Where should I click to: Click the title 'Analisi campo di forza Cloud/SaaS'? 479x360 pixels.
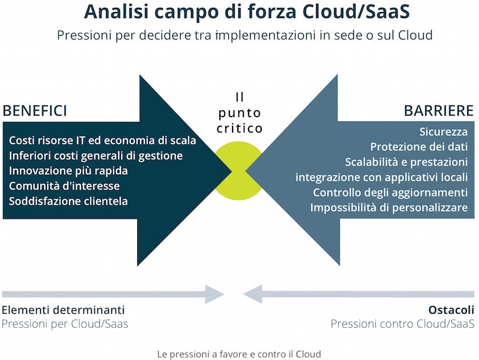pos(239,12)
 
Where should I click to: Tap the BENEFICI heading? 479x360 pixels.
pos(35,111)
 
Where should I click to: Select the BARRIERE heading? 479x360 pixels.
pos(439,111)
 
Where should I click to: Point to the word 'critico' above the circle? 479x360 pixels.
pos(240,128)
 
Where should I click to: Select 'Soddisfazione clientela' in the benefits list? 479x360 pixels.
pos(69,201)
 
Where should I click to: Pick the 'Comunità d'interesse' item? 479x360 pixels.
pos(64,186)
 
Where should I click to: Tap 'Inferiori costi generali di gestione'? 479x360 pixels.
pos(96,156)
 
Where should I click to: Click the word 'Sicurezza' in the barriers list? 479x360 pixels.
pos(443,132)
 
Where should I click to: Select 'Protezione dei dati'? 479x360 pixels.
pos(419,147)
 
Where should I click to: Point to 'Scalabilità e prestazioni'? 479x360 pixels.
pos(406,162)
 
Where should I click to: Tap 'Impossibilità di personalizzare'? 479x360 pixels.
pos(389,207)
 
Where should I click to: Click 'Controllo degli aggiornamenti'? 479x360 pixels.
pos(390,192)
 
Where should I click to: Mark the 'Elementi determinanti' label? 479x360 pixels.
pos(63,310)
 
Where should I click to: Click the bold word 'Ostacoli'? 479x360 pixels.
pos(451,310)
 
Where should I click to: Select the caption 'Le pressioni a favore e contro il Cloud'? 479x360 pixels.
pos(239,354)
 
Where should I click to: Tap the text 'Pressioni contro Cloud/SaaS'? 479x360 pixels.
pos(402,324)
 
